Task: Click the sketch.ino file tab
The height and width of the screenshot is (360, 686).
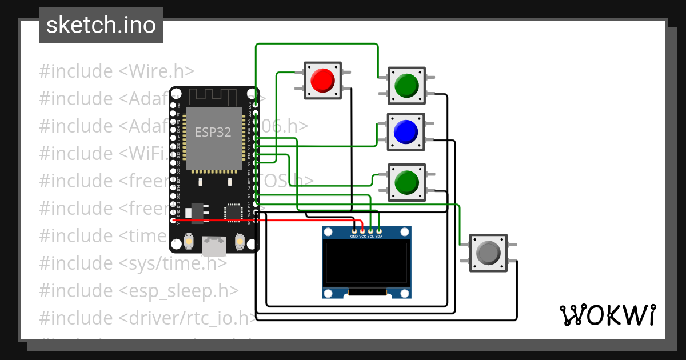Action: click(101, 25)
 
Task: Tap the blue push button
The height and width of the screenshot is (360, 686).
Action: click(406, 132)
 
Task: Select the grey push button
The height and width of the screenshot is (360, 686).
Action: click(488, 253)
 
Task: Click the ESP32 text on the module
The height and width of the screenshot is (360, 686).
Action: click(213, 132)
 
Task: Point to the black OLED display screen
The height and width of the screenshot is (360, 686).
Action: click(366, 263)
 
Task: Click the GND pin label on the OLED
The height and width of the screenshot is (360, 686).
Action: click(354, 236)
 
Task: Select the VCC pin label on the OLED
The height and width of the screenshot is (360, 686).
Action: click(362, 236)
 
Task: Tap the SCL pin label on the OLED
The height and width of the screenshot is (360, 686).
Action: click(370, 236)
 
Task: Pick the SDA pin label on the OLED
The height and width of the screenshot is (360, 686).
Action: click(379, 236)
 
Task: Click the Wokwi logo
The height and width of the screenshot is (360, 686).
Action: click(608, 315)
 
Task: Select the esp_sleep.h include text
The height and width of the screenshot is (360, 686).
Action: click(179, 290)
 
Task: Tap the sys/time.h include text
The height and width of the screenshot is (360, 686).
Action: click(173, 263)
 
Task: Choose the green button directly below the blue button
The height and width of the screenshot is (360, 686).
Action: click(406, 182)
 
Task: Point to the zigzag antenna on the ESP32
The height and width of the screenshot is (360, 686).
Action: click(213, 96)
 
